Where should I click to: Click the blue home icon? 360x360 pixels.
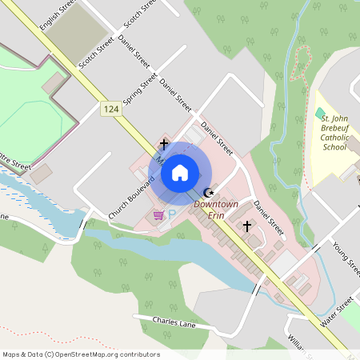180,172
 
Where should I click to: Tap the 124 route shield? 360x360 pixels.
111,107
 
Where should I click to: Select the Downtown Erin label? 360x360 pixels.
217,210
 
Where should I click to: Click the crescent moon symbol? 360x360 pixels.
209,192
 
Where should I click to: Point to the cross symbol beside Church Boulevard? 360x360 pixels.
164,144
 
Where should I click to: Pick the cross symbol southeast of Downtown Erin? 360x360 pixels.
247,226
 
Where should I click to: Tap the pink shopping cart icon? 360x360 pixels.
158,214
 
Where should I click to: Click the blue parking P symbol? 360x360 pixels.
171,214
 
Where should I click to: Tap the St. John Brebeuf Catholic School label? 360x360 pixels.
334,133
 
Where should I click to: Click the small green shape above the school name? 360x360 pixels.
320,113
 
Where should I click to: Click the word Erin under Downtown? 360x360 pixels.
217,215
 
